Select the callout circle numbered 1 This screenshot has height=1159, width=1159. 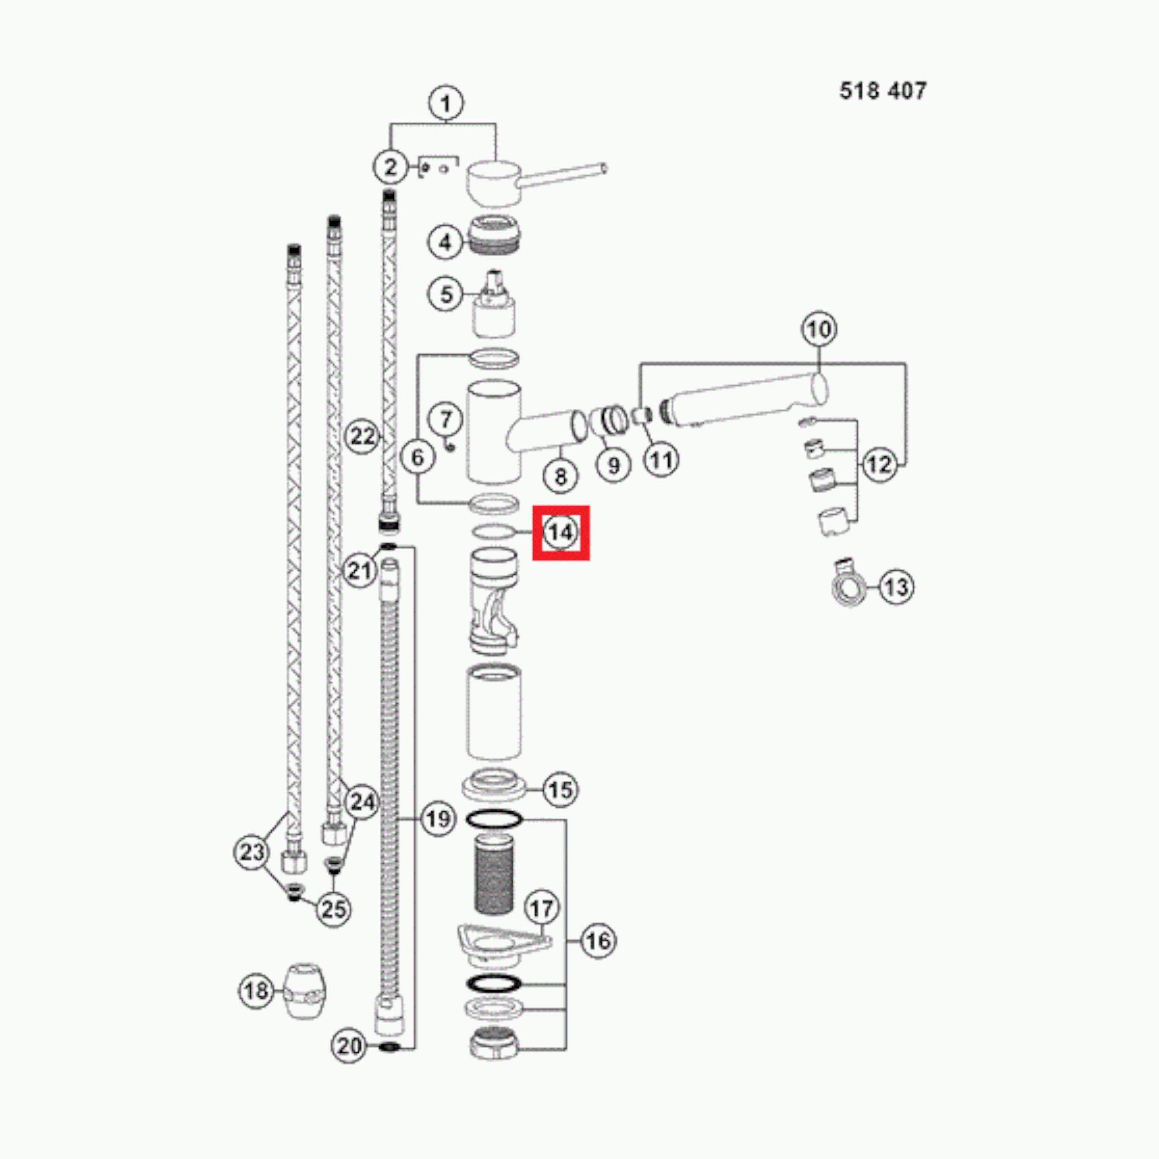[446, 104]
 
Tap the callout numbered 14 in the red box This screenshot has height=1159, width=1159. [560, 532]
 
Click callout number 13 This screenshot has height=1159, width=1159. [896, 587]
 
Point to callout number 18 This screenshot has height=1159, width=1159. [256, 990]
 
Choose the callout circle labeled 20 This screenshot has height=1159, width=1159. [349, 1046]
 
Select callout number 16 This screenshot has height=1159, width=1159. [598, 941]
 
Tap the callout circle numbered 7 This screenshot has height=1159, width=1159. [446, 420]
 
